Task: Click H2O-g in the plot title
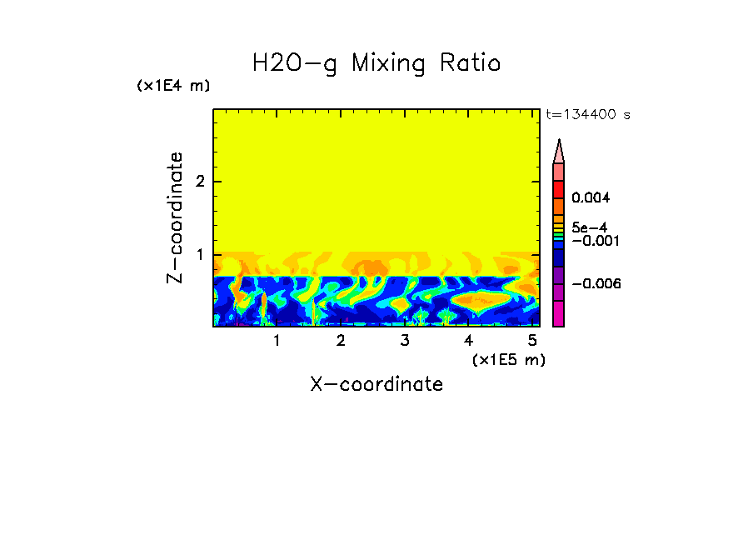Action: point(295,64)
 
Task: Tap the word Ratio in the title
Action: point(472,63)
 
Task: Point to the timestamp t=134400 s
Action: point(588,115)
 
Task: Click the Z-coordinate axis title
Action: point(175,217)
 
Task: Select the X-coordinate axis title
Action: point(376,384)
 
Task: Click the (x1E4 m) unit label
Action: point(173,86)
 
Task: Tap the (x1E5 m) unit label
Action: point(508,359)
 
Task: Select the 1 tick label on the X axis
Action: point(277,341)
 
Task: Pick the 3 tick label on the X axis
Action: point(404,341)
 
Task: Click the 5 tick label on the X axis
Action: point(532,341)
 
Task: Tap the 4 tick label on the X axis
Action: point(468,341)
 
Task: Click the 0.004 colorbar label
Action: point(591,197)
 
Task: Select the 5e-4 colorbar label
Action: point(589,227)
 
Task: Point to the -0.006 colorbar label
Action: point(596,284)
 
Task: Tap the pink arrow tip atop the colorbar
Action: point(558,151)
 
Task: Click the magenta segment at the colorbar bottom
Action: point(558,314)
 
